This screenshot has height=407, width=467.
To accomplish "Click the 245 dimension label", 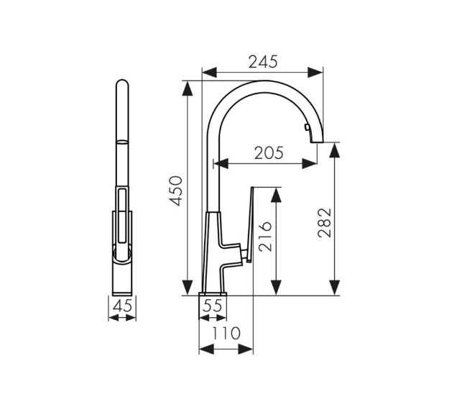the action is pyautogui.click(x=263, y=62).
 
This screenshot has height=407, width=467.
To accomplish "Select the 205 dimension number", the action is pyautogui.click(x=269, y=153).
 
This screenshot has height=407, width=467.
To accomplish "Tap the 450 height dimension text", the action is pyautogui.click(x=176, y=191).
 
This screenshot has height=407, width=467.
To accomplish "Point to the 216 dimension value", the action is pyautogui.click(x=265, y=237).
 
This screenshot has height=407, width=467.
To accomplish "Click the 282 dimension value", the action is pyautogui.click(x=324, y=223).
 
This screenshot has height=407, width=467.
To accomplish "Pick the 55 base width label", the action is pyautogui.click(x=213, y=306).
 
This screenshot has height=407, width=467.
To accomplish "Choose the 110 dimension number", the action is pyautogui.click(x=226, y=333).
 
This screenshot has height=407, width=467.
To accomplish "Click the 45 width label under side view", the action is pyautogui.click(x=122, y=306).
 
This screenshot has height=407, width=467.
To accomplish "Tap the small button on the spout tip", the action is pyautogui.click(x=307, y=127).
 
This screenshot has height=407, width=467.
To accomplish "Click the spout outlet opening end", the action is pyautogui.click(x=317, y=142).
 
